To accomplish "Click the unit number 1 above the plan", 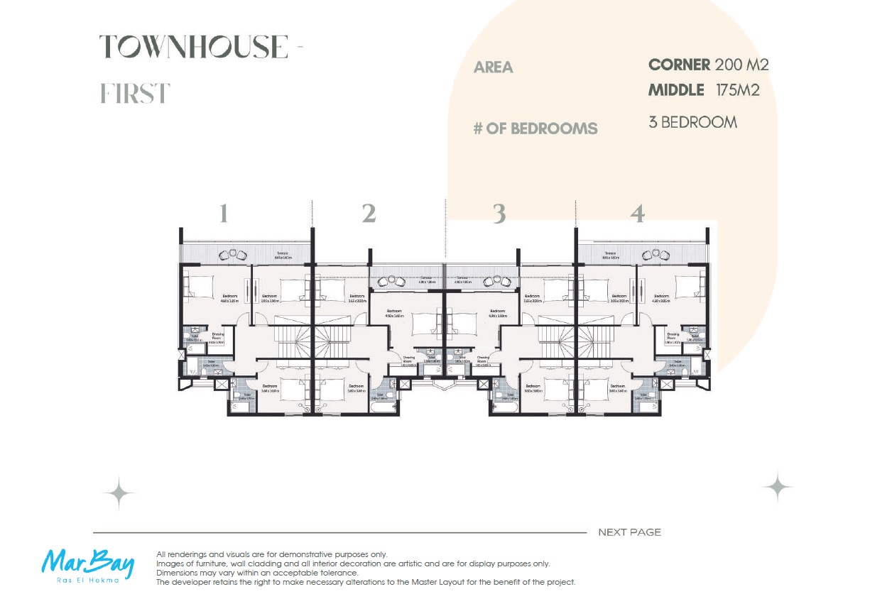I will pos(224,214).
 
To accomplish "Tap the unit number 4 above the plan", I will pos(638,214).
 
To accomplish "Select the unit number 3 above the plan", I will pos(499,214).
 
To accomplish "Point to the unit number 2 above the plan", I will pos(369,214).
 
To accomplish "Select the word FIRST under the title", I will pos(135,93).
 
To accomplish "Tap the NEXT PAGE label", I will pos(629,532).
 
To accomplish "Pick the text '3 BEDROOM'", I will pos(692,122).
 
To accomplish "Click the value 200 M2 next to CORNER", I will pos(741,65).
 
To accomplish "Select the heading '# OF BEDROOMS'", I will pos(535,129).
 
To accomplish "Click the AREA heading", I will pos(493,68).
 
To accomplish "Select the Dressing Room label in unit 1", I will pos(218,336).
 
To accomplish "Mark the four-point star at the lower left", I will pos(119,493).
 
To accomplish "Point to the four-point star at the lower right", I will pos(778,487).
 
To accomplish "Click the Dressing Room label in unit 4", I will pos(673,336).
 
